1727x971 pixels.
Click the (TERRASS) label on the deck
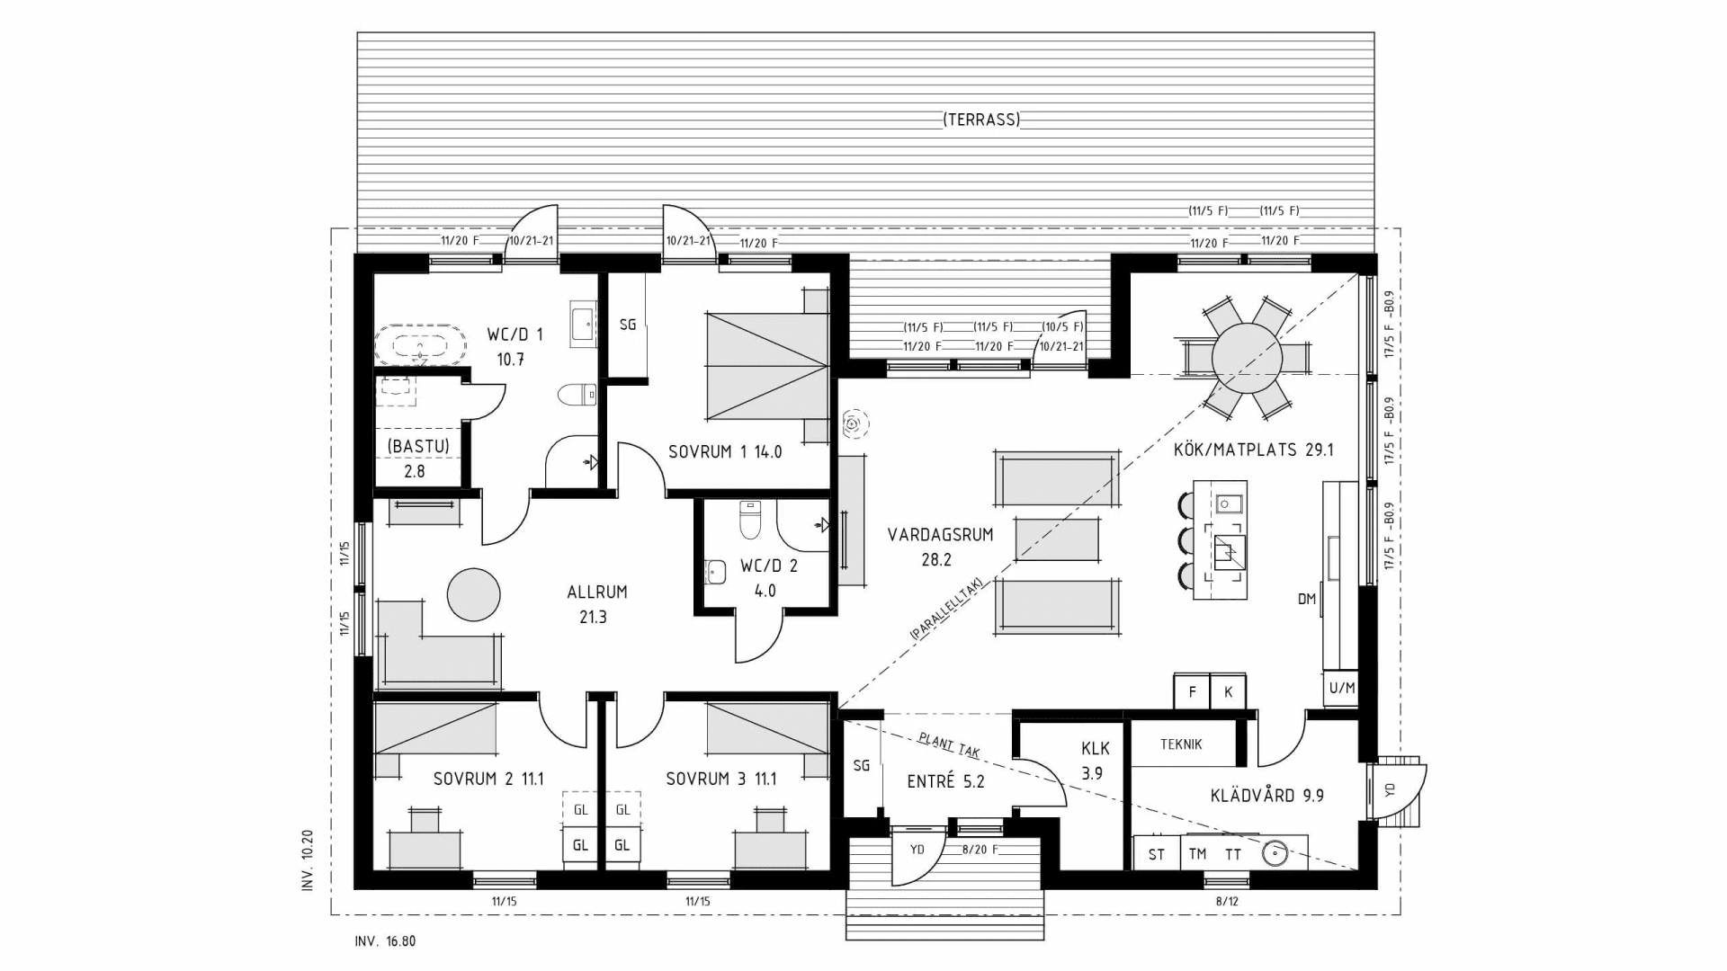click(x=980, y=120)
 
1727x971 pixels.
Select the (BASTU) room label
click(x=417, y=446)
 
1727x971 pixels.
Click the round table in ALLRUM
click(x=474, y=594)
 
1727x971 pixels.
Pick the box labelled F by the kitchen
click(x=1192, y=692)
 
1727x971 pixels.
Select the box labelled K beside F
click(x=1228, y=692)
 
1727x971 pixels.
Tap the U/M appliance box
click(x=1341, y=689)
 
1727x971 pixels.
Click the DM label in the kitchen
click(x=1306, y=599)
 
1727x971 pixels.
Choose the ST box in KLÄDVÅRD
click(x=1156, y=854)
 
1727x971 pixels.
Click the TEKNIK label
click(x=1180, y=744)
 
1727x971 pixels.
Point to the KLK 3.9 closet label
click(x=1095, y=760)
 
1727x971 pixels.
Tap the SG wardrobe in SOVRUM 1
click(x=627, y=325)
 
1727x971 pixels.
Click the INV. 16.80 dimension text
click(x=385, y=942)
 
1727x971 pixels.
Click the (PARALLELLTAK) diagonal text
click(x=946, y=608)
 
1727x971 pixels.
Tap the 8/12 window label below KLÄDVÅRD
click(x=1227, y=901)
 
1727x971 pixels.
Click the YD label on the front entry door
click(x=917, y=850)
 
